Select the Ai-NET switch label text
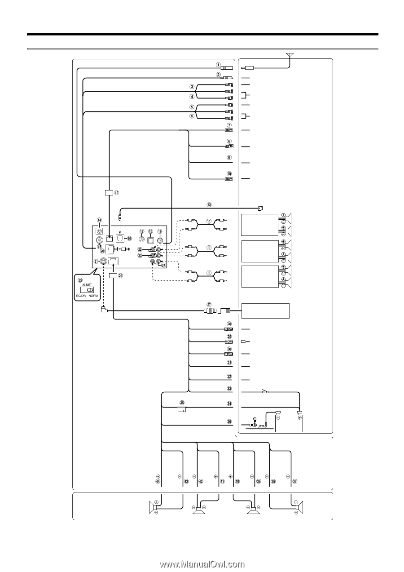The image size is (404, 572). point(87,284)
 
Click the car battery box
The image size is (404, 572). point(289,423)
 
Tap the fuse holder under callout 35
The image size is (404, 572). point(182,409)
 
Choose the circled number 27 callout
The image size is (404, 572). point(209,304)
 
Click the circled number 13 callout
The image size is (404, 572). point(209,204)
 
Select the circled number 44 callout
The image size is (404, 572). point(158,481)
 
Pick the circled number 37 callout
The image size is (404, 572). point(295,481)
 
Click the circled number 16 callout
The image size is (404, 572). point(129,239)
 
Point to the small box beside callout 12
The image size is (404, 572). point(109,193)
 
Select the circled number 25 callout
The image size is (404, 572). point(80,279)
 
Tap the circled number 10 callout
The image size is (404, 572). point(229,173)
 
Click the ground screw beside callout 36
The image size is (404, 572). point(254,424)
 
